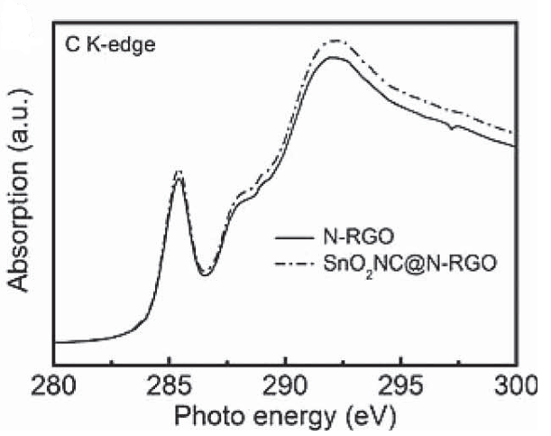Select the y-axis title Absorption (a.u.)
click(21, 191)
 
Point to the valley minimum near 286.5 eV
click(206, 274)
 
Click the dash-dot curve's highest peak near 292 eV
click(336, 41)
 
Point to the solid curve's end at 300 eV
click(515, 148)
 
